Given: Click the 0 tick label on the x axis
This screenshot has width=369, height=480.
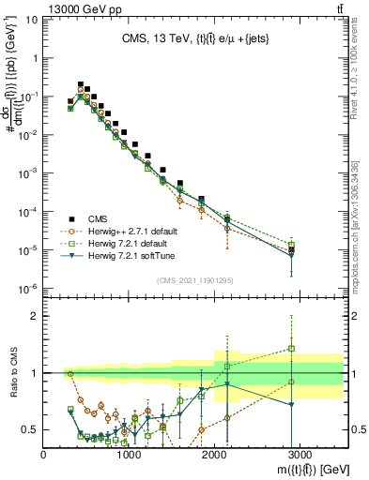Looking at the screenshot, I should pyautogui.click(x=44, y=454).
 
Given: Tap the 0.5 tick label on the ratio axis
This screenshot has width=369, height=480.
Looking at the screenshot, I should pyautogui.click(x=29, y=429).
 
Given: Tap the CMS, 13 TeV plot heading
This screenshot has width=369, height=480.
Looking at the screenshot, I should pyautogui.click(x=192, y=39).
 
